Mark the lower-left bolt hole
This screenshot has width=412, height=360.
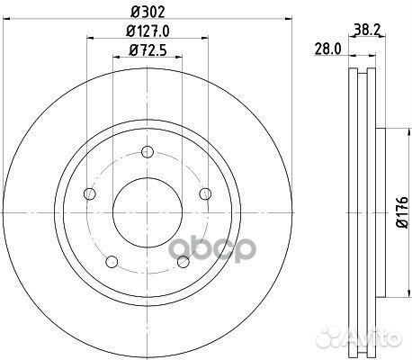(112, 261)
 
